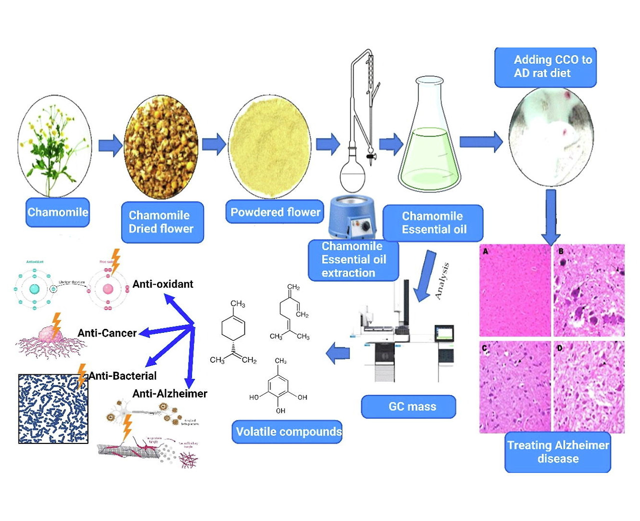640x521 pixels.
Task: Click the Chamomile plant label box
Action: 57,212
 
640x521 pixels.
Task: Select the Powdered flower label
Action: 275,212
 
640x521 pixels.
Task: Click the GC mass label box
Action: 408,406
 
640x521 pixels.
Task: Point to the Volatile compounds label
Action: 287,431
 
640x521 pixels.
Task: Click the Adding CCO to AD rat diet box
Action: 545,67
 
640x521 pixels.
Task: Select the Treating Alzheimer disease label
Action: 557,452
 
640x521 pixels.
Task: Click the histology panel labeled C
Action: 515,387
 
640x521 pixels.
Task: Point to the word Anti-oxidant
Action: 162,284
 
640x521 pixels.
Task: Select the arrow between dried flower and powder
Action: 213,145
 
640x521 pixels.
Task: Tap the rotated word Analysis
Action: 441,281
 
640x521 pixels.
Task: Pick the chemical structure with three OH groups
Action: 278,388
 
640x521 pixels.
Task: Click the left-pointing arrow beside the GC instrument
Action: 338,353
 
